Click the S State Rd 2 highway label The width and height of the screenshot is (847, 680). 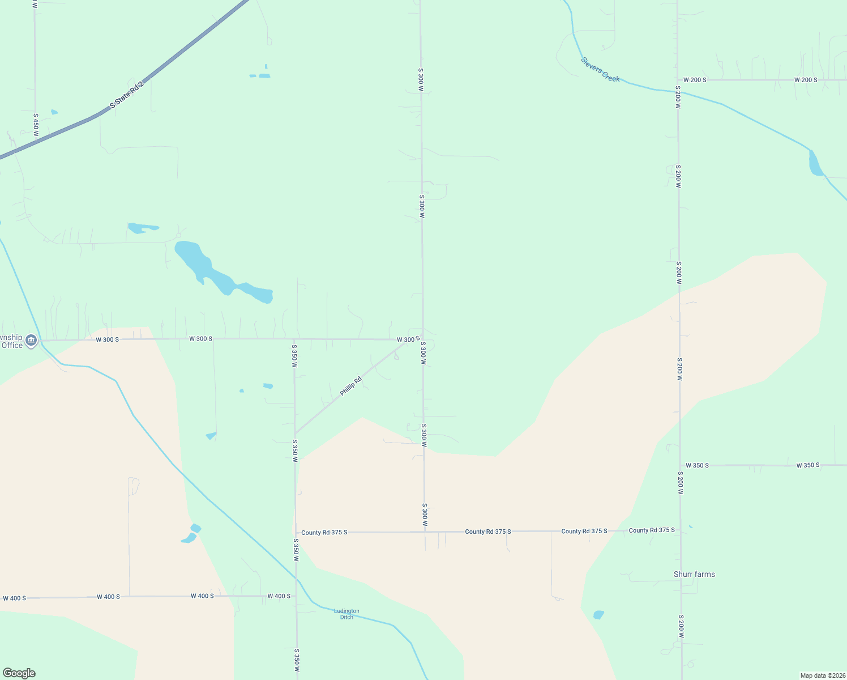(127, 95)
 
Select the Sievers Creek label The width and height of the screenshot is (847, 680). (600, 70)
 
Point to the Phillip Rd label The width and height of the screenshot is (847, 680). (350, 386)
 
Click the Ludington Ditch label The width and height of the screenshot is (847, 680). (346, 614)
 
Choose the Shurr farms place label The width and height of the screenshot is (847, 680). (694, 574)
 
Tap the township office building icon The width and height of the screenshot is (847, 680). (31, 341)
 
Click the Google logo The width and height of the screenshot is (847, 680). (19, 673)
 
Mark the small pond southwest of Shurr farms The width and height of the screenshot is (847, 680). (598, 615)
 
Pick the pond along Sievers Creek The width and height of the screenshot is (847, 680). (815, 164)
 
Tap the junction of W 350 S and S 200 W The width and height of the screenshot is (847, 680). (681, 465)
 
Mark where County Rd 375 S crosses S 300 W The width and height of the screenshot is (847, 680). (425, 532)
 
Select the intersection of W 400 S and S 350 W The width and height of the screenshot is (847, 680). (296, 596)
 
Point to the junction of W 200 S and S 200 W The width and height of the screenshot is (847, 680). (678, 80)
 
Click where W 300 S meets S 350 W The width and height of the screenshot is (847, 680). (294, 339)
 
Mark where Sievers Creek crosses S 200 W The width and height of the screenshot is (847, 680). (678, 91)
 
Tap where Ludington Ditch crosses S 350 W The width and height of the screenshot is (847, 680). (296, 579)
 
